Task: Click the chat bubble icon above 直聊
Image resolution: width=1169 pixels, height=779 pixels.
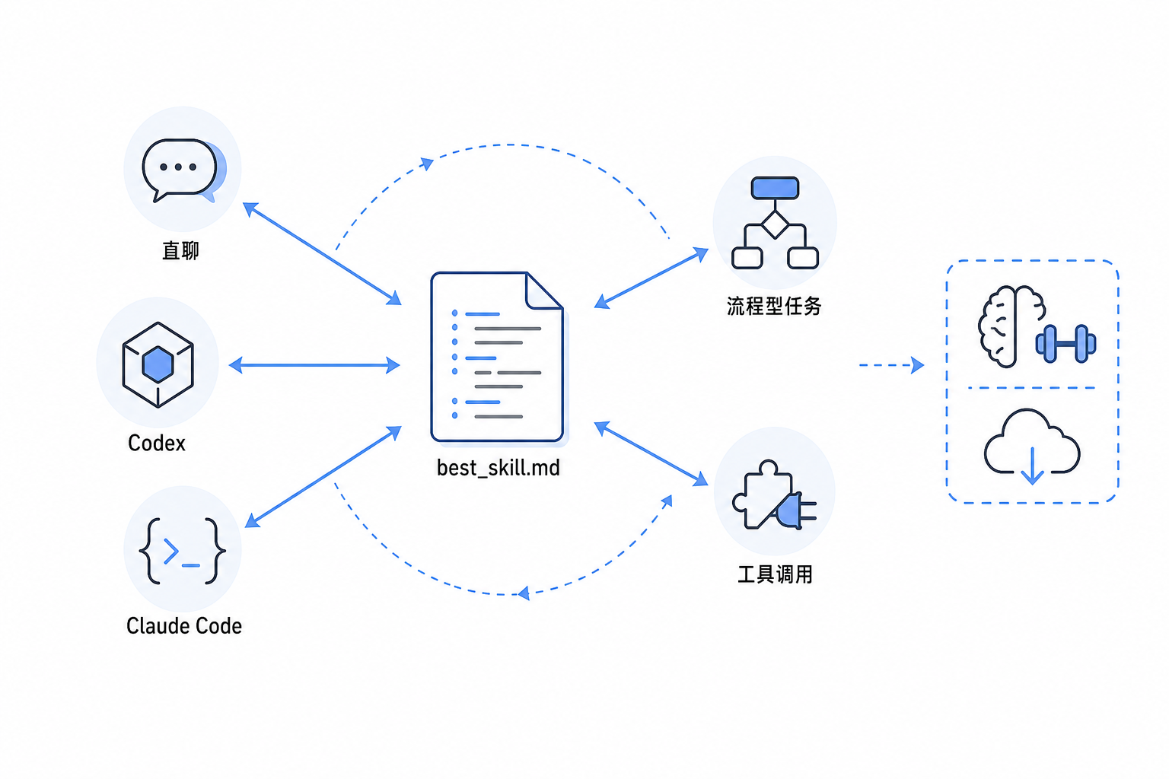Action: pos(183,170)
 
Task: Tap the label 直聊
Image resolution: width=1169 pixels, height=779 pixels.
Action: pos(180,251)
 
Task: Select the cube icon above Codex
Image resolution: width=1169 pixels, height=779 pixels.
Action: pos(158,364)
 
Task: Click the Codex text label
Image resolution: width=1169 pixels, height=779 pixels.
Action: pos(157,443)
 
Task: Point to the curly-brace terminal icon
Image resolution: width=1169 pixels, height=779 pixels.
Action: pos(182,551)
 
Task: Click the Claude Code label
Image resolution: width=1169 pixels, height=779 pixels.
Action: pos(183,625)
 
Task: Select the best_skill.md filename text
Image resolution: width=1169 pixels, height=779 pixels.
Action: pos(498,468)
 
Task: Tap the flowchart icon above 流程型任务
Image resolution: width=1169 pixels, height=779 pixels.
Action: pos(775,223)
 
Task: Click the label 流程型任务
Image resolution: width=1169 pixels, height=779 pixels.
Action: pos(774,307)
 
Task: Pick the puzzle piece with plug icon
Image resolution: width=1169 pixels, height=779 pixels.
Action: pos(774,494)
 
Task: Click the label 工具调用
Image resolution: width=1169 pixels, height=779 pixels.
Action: pos(775,574)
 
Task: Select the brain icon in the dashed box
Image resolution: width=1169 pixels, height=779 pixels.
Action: pos(1011,326)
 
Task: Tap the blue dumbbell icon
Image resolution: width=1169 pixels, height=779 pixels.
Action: pos(1065,344)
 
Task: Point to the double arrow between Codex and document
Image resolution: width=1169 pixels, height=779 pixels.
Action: pos(314,364)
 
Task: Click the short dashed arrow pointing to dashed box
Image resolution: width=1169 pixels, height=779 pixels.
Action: pos(891,364)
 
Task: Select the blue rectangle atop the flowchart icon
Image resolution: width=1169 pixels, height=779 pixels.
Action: pos(775,188)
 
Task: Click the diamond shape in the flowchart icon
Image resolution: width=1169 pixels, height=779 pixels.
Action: pos(775,225)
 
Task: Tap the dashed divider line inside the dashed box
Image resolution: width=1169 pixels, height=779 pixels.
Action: pos(1031,388)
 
